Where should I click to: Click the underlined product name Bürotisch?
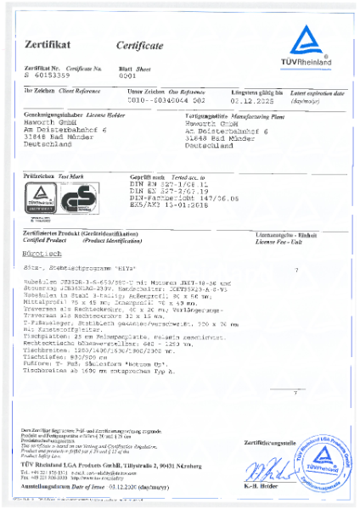click(43, 253)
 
